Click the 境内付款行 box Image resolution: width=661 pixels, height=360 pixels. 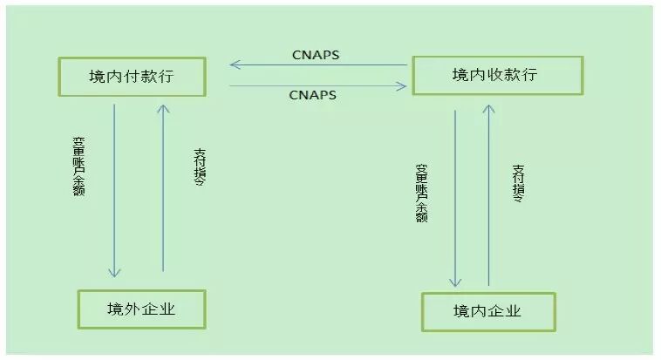tap(132, 77)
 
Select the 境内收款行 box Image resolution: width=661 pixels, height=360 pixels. tap(495, 75)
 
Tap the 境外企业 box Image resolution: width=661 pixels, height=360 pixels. tap(141, 309)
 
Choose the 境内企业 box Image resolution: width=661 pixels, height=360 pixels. tap(487, 311)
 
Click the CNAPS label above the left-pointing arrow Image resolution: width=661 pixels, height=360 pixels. tap(316, 55)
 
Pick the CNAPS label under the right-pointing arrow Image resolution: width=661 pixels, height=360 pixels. tap(314, 95)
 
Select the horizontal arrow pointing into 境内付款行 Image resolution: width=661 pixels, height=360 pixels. tap(318, 65)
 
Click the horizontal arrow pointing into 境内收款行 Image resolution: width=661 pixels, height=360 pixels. tap(318, 85)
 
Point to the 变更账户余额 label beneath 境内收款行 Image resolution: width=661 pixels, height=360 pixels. tap(421, 193)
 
